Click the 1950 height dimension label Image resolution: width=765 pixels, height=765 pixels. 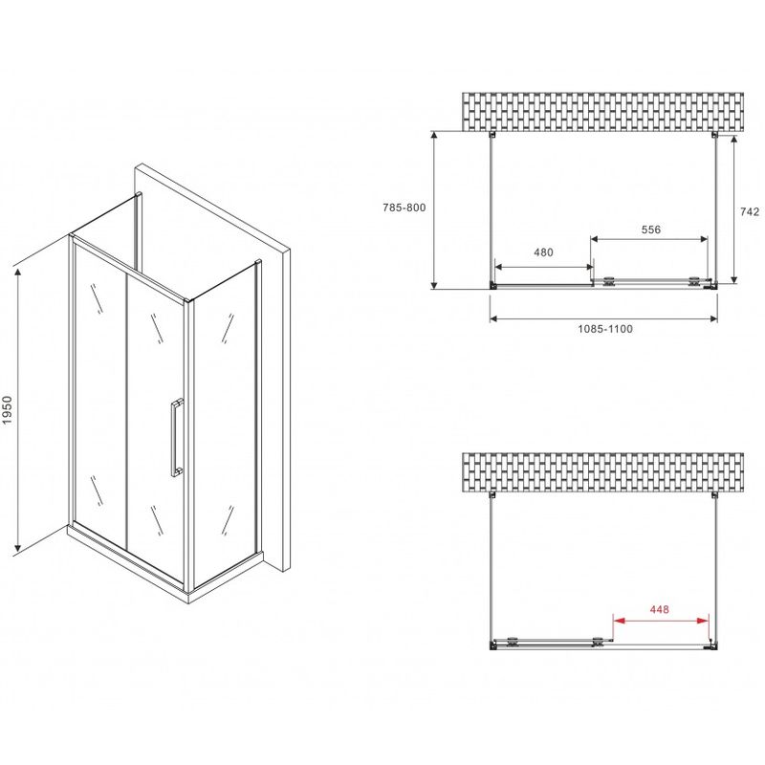[x=7, y=410]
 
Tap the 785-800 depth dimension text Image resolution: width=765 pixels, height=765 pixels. [x=404, y=208]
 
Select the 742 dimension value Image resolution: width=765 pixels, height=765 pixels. [x=750, y=211]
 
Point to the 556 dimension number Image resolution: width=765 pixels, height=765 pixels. [x=651, y=229]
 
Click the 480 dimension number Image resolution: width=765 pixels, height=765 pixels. [x=543, y=252]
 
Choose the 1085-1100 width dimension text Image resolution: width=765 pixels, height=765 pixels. [x=605, y=329]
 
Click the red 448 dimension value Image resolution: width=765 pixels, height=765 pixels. [x=659, y=609]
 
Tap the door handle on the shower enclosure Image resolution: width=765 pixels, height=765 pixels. [x=177, y=437]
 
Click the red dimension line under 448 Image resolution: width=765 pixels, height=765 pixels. [x=661, y=621]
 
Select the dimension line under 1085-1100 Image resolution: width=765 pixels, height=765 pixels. [x=603, y=319]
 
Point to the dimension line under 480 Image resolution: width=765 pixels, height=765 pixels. [x=544, y=267]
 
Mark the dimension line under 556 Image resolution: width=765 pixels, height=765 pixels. [x=649, y=238]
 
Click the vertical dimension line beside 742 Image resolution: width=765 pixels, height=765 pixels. [x=734, y=209]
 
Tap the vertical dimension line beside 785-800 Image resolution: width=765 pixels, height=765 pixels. [x=434, y=209]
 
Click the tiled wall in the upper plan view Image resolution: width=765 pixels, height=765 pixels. [x=603, y=112]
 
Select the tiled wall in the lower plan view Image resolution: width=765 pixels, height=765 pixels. [x=603, y=472]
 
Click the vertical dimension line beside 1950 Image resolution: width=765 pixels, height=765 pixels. [x=18, y=410]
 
